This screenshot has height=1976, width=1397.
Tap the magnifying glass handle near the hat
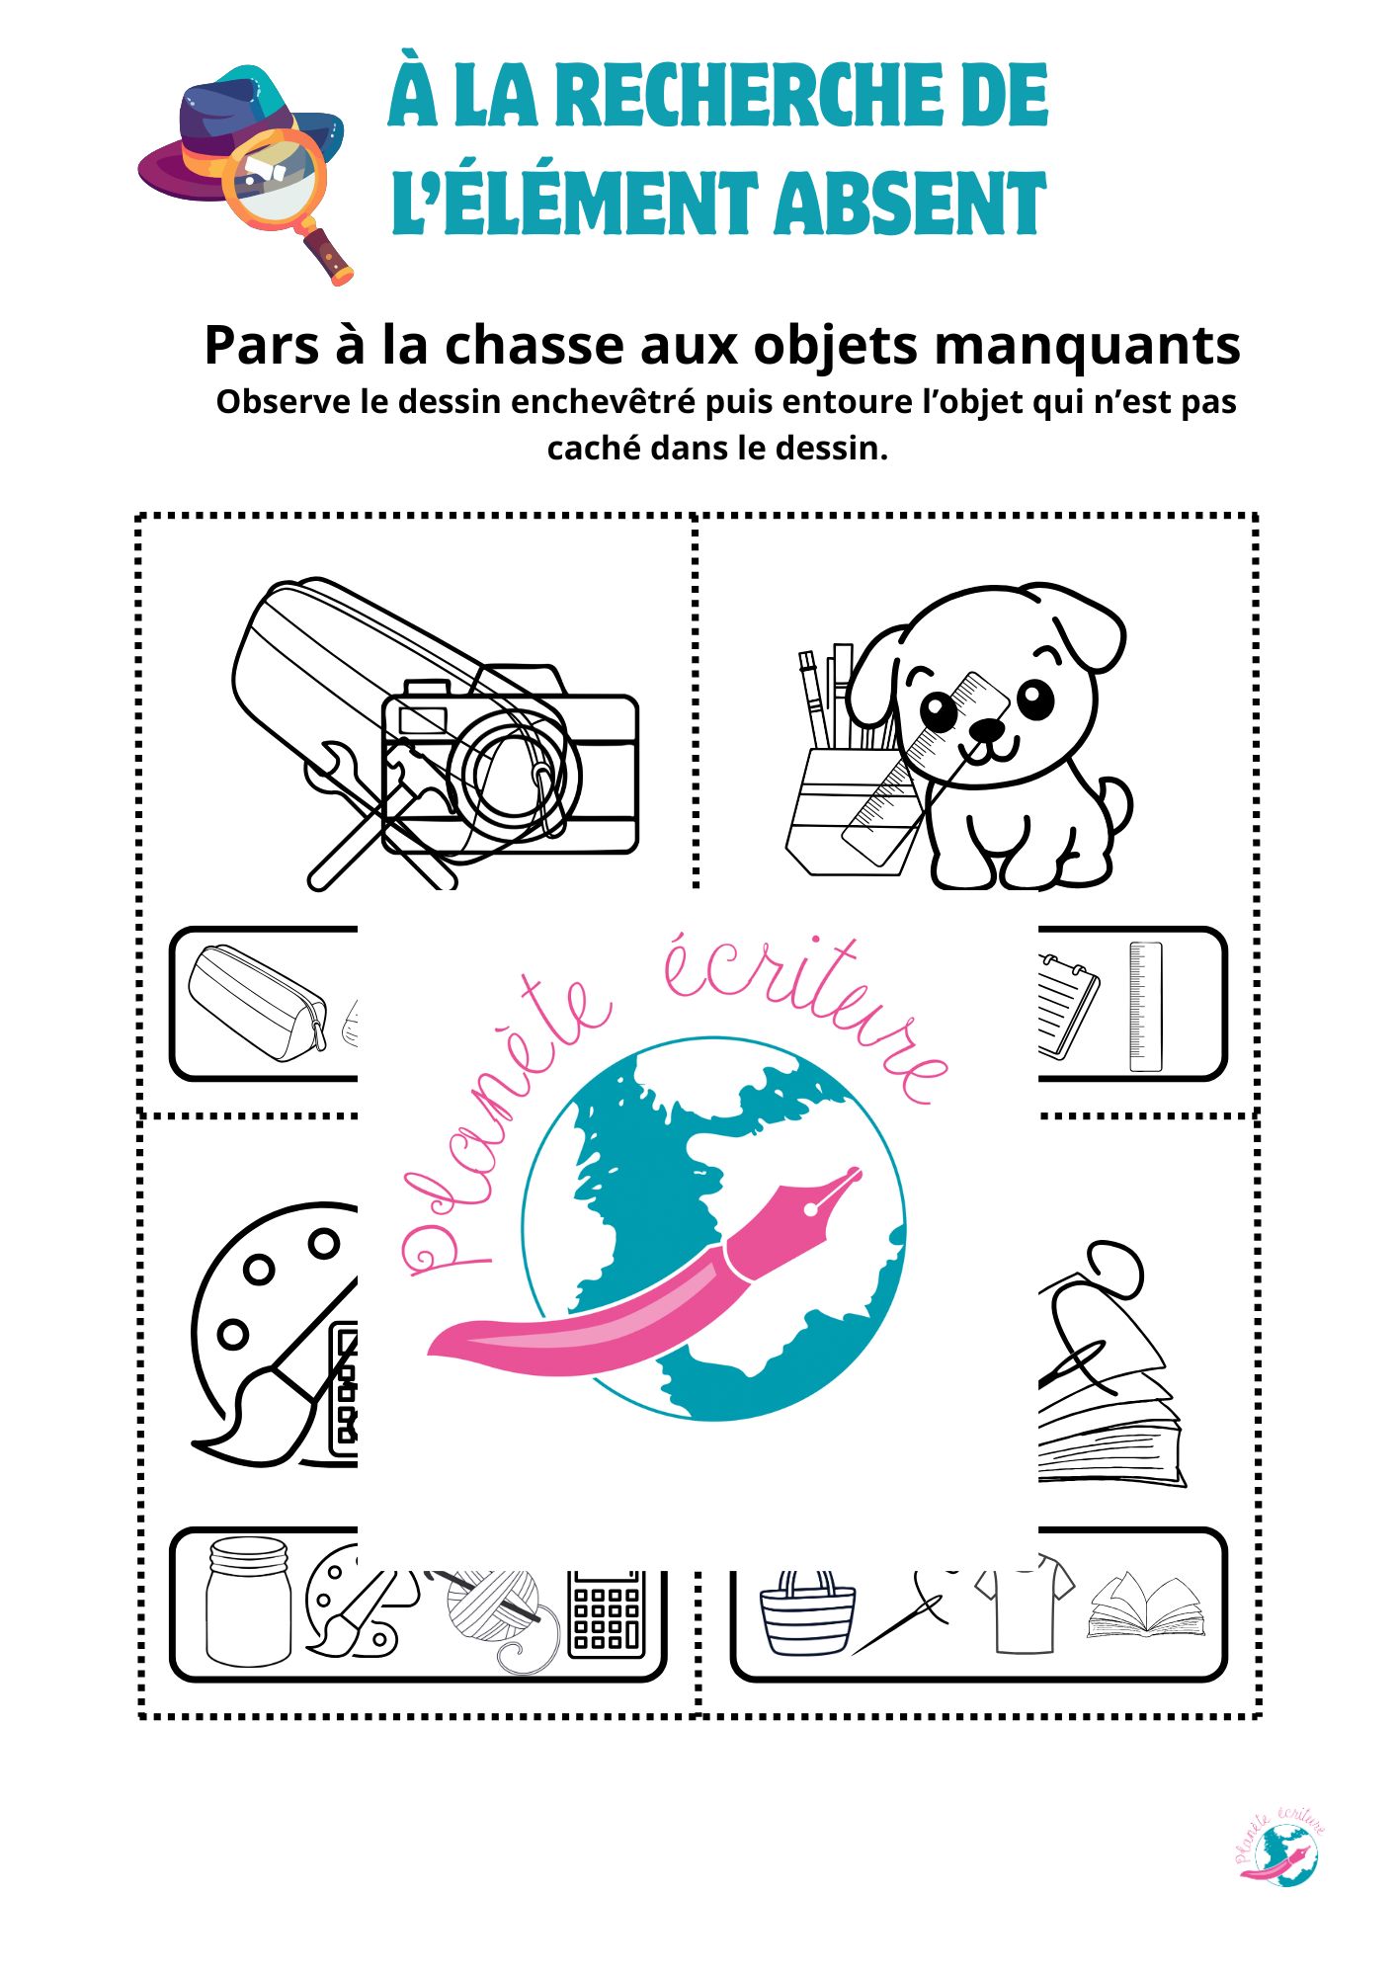[x=328, y=256]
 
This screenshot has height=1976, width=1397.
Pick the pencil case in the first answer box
[x=257, y=1002]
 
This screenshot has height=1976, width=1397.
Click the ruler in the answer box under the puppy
[x=1145, y=1006]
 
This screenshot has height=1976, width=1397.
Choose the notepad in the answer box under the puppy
[x=1068, y=1006]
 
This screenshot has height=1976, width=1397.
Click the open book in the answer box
[x=1146, y=1607]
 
